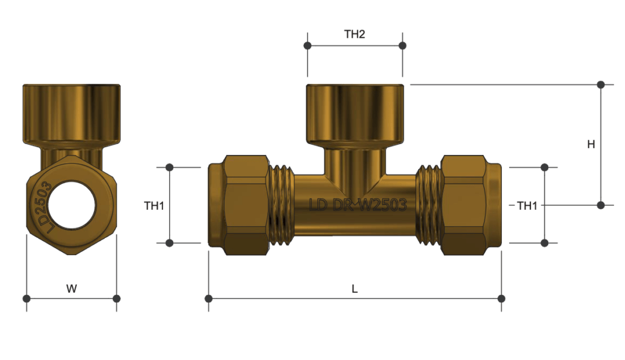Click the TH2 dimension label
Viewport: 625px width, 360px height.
click(x=354, y=34)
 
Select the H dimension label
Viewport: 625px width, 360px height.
click(x=591, y=145)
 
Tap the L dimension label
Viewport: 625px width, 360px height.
click(x=355, y=289)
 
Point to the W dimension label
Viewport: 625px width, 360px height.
click(x=71, y=289)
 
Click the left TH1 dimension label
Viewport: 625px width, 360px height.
click(x=154, y=206)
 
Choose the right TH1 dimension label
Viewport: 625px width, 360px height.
click(x=527, y=206)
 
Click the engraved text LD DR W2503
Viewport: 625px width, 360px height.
click(x=358, y=205)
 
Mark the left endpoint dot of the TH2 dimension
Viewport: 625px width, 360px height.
click(x=308, y=46)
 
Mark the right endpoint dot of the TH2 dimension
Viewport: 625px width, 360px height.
click(x=402, y=46)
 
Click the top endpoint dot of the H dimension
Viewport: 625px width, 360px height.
click(x=601, y=84)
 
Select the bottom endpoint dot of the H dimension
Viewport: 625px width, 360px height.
click(x=601, y=205)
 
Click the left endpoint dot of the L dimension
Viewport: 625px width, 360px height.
click(x=209, y=298)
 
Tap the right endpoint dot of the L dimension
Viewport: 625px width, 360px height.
click(x=501, y=298)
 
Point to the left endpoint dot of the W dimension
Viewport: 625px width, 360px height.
click(x=26, y=298)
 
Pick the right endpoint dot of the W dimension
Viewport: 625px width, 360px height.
click(x=117, y=298)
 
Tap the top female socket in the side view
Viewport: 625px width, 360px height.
click(x=355, y=113)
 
